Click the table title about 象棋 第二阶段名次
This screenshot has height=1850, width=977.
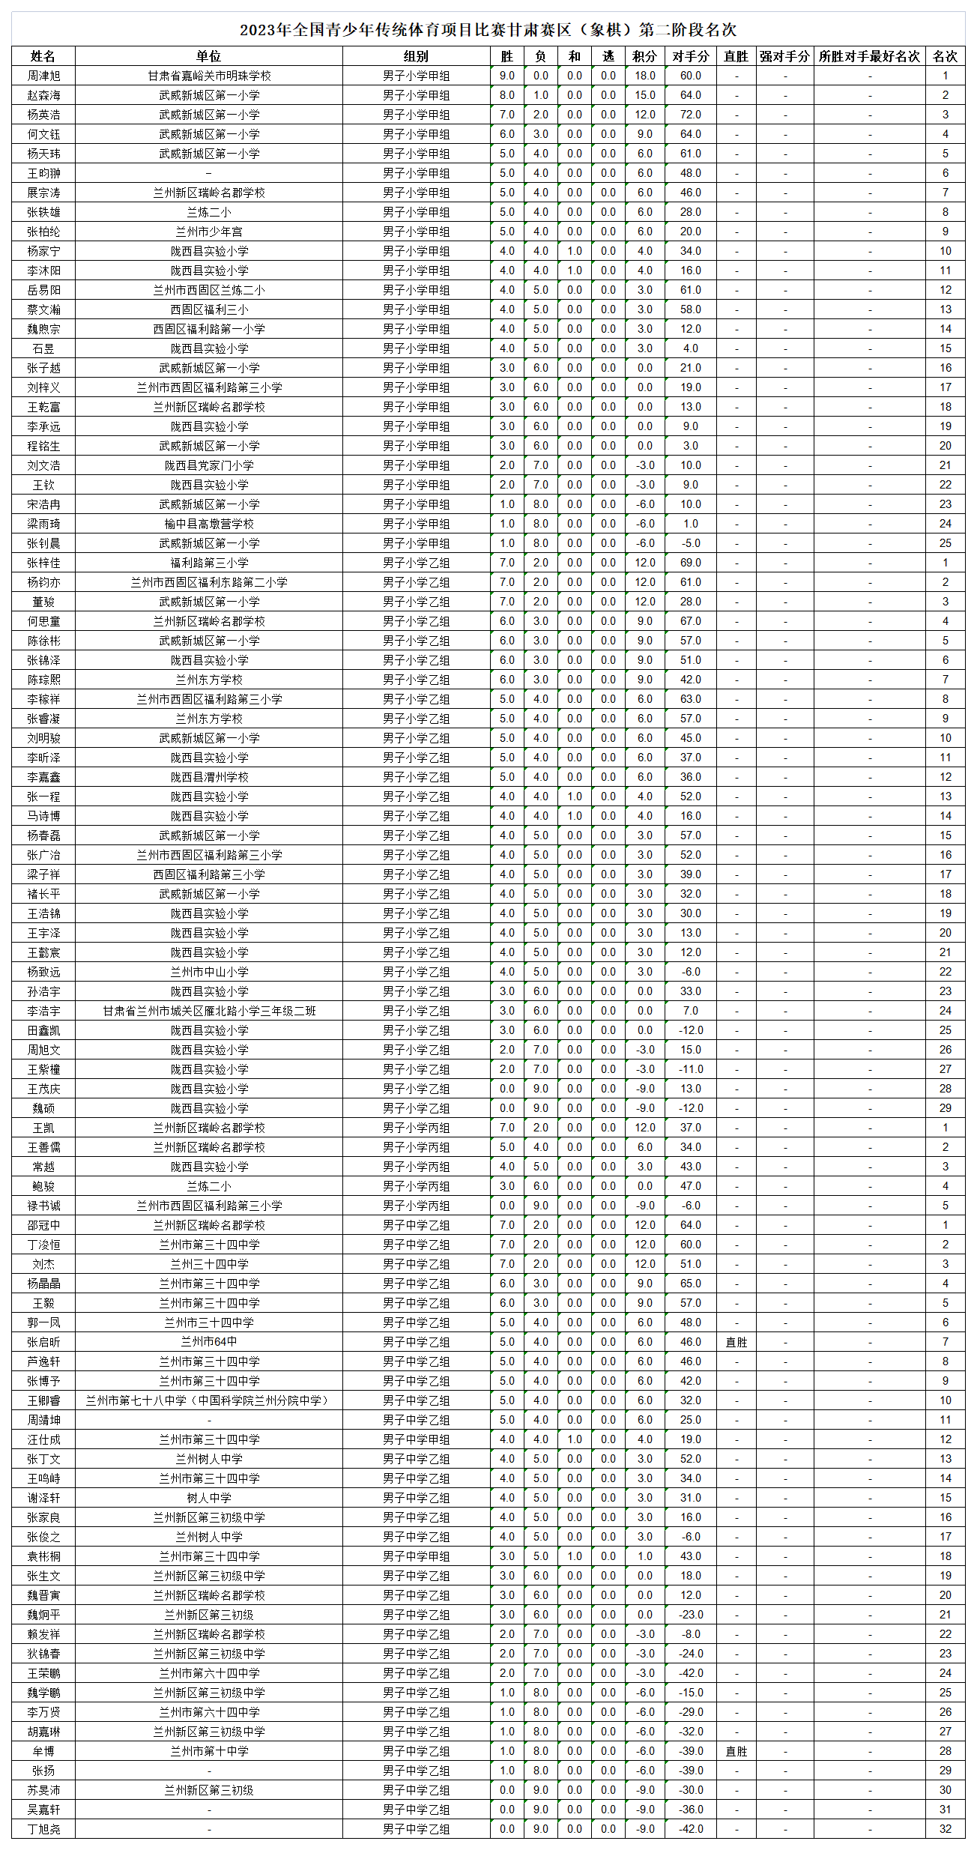pyautogui.click(x=488, y=30)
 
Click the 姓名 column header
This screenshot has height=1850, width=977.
pyautogui.click(x=43, y=56)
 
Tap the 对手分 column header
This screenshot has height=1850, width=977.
pyautogui.click(x=690, y=56)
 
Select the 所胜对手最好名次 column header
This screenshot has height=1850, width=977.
pyautogui.click(x=869, y=56)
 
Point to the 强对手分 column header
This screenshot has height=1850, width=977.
pyautogui.click(x=784, y=56)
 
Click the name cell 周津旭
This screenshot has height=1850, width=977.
pyautogui.click(x=43, y=76)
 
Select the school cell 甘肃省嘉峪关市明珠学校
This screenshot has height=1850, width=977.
pyautogui.click(x=209, y=76)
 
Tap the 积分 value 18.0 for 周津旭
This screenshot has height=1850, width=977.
pyautogui.click(x=644, y=76)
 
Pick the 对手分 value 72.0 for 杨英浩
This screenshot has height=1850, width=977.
pyautogui.click(x=690, y=115)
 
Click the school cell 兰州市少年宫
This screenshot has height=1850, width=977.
pyautogui.click(x=209, y=232)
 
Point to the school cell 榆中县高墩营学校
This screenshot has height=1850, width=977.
pyautogui.click(x=209, y=524)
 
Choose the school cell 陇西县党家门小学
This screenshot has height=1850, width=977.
pyautogui.click(x=209, y=465)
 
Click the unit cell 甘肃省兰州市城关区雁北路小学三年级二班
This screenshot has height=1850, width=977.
pyautogui.click(x=209, y=1011)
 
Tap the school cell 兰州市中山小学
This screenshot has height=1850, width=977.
pyautogui.click(x=209, y=972)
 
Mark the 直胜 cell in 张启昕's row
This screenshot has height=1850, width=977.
pyautogui.click(x=736, y=1342)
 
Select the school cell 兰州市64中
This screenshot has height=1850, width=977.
pyautogui.click(x=209, y=1342)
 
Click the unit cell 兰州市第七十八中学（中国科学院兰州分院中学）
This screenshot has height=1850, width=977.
pyautogui.click(x=209, y=1400)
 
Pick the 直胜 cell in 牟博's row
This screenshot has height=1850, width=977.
pyautogui.click(x=736, y=1751)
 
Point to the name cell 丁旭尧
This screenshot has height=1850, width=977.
pyautogui.click(x=43, y=1829)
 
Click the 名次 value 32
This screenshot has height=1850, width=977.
pyautogui.click(x=945, y=1829)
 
